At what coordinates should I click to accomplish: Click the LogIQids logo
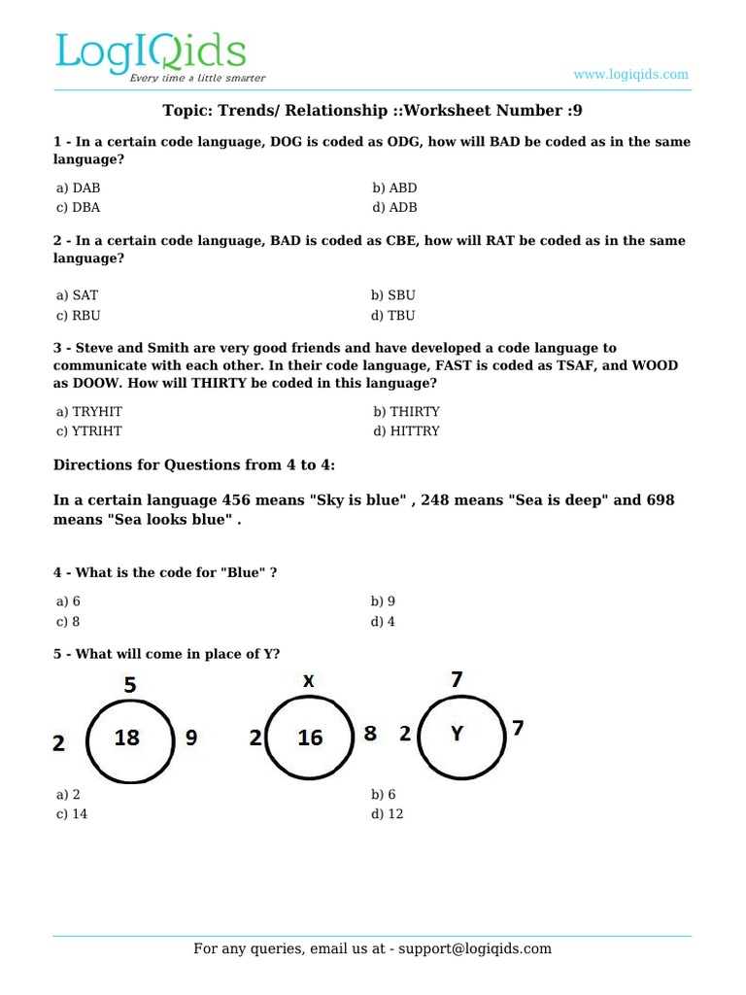(x=151, y=56)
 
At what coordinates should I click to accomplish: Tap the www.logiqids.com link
(x=630, y=74)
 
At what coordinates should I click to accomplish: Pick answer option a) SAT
(x=77, y=294)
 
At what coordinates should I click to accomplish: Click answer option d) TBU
(x=393, y=315)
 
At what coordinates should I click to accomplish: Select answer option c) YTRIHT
(x=89, y=430)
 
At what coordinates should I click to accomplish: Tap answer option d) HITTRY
(x=405, y=430)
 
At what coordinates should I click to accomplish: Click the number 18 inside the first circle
(x=127, y=738)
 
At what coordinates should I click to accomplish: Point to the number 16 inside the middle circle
(x=310, y=738)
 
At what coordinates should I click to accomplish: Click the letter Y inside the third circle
(x=457, y=734)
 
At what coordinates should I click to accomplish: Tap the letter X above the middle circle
(x=308, y=682)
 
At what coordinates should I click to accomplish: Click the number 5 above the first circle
(x=130, y=685)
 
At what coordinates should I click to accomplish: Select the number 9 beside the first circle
(x=191, y=738)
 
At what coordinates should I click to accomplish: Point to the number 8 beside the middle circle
(x=370, y=734)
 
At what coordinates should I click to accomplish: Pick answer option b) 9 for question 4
(x=383, y=601)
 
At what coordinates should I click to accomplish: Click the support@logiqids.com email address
(x=470, y=948)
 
